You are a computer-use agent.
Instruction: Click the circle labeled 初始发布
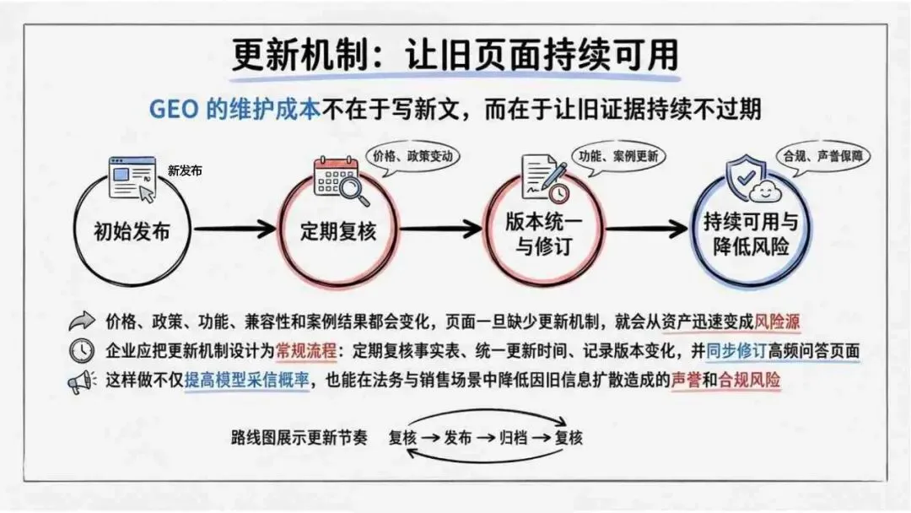[x=76, y=232]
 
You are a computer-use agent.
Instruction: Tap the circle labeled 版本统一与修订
[x=487, y=232]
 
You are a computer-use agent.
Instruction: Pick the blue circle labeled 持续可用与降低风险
[x=692, y=232]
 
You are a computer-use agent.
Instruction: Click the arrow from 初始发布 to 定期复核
[x=234, y=229]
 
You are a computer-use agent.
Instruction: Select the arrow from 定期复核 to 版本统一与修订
[x=440, y=229]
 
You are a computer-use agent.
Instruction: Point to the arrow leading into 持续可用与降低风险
[x=646, y=229]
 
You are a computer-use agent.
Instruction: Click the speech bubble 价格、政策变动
[x=412, y=156]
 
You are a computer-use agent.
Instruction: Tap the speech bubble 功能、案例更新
[x=618, y=156]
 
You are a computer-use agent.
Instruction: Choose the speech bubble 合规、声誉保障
[x=822, y=156]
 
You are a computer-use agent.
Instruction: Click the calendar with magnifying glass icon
[x=341, y=180]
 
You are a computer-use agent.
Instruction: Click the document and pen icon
[x=545, y=178]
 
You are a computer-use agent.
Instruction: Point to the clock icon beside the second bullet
[x=82, y=351]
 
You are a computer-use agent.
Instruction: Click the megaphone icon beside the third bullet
[x=82, y=381]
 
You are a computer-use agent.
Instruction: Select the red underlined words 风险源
[x=777, y=321]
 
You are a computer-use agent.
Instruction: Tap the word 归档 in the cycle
[x=513, y=437]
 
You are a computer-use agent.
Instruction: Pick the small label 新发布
[x=185, y=170]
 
